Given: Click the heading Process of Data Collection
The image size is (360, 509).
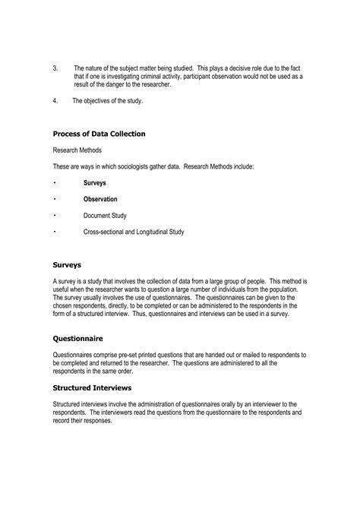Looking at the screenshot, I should coord(99,134).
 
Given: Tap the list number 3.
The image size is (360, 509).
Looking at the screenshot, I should coord(55,68).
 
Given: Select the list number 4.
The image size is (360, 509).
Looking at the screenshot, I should coord(55,101).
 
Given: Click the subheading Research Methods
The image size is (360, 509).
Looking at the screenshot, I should coord(77,150).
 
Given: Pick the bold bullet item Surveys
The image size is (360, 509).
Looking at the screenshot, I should coord(95,183).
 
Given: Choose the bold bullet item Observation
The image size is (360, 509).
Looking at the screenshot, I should coord(100,199).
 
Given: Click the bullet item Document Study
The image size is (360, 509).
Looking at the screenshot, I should coord(105,216).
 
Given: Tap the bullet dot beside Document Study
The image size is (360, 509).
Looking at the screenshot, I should coord(55,216).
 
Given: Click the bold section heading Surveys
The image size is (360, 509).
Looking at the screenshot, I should coord(68,265).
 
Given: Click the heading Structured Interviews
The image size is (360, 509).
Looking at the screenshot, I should coord(92,387).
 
